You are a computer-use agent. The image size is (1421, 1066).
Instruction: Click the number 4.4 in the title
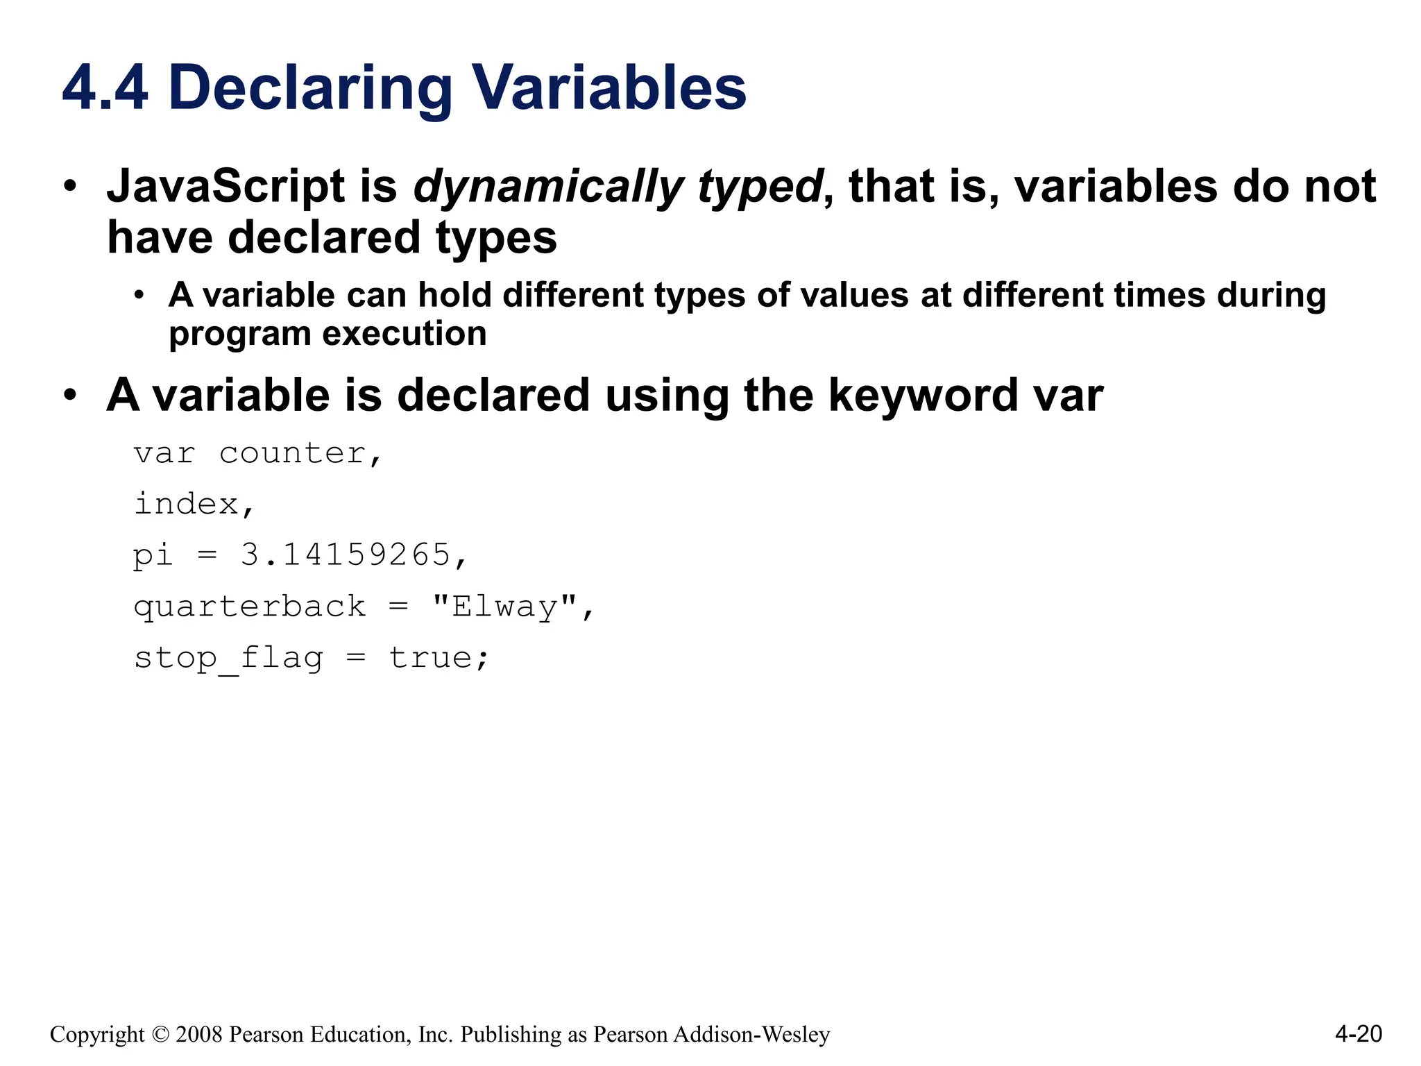[x=105, y=88]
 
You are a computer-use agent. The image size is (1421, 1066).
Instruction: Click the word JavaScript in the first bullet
[x=226, y=187]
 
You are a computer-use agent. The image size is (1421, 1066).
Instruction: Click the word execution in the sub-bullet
[x=405, y=334]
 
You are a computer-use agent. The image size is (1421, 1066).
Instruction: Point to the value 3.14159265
[x=346, y=555]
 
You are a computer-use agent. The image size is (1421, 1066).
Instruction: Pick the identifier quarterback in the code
[x=250, y=607]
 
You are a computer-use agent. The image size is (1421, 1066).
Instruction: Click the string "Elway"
[x=504, y=607]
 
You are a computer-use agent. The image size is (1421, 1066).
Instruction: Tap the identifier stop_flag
[x=229, y=658]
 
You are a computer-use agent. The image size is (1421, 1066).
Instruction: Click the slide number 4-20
[x=1358, y=1034]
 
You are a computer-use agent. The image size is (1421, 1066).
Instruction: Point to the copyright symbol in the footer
[x=160, y=1035]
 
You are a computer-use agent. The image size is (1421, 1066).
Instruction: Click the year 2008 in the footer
[x=199, y=1035]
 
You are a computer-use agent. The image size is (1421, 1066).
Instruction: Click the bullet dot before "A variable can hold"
[x=139, y=296]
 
